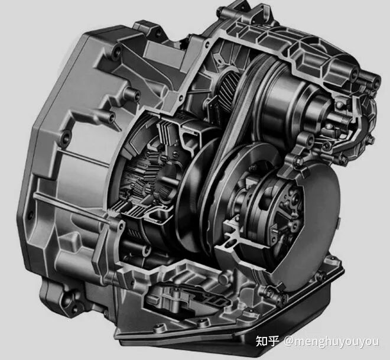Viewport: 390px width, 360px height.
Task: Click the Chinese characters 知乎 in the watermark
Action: [267, 340]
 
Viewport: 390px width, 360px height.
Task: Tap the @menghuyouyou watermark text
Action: [331, 341]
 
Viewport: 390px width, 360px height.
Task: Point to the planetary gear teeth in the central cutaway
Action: [142, 174]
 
